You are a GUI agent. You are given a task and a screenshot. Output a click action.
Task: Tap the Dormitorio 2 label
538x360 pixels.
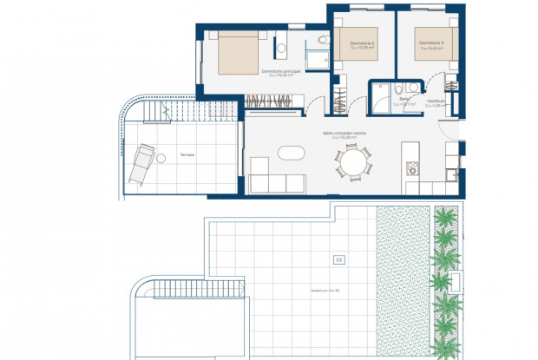pos(362,43)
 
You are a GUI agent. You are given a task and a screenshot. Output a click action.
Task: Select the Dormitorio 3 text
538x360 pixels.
pos(429,43)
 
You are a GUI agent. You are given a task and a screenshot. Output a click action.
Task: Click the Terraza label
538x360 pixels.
pos(187,155)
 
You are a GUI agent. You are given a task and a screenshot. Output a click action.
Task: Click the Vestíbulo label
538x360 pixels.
pos(437,101)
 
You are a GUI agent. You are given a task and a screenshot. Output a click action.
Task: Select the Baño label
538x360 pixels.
pos(404,101)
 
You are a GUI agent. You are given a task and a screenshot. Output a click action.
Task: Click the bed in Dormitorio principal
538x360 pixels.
pos(234,51)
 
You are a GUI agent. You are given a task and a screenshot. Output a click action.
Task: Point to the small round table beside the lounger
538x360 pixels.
pos(158,155)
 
